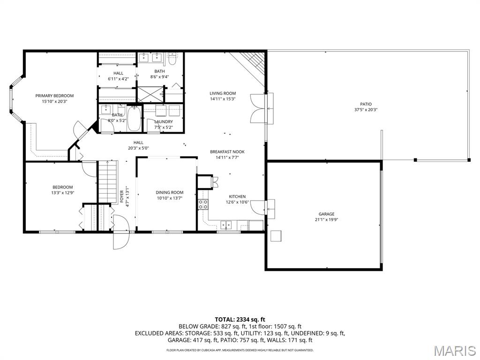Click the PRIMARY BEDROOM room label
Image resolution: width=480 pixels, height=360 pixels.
54,96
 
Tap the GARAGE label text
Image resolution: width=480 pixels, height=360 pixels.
326,214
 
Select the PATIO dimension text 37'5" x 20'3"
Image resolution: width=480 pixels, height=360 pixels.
366,110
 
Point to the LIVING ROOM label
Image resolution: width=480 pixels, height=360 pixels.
223,93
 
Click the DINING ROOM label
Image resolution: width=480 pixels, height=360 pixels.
169,192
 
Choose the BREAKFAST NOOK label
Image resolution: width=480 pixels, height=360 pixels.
227,151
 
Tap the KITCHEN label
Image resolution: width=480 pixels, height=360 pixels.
237,196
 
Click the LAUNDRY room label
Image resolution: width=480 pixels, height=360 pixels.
164,121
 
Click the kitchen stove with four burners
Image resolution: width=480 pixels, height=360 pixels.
203,203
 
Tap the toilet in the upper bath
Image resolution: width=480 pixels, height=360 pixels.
172,59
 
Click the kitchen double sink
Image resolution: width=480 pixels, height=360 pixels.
227,225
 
